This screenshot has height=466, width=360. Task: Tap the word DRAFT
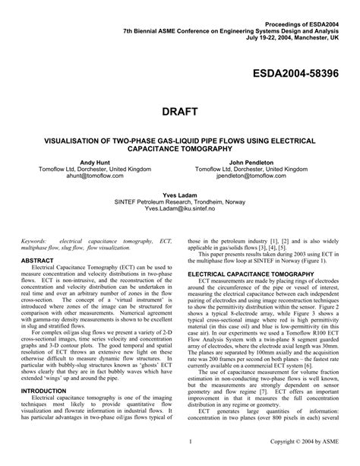pos(180,112)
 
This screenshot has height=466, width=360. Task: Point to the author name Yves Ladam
pos(180,195)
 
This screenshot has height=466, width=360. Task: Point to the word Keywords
pos(36,239)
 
